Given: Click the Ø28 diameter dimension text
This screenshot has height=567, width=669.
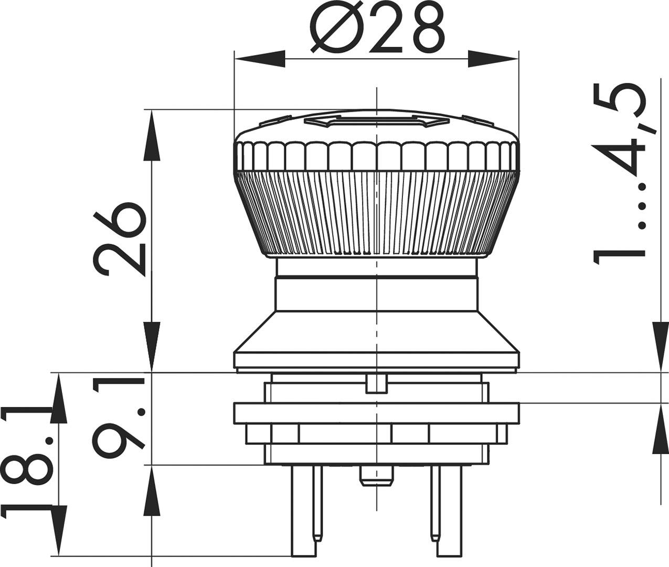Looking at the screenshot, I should click(377, 29).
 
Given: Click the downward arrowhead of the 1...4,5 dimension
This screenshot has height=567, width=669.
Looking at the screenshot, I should click(660, 346).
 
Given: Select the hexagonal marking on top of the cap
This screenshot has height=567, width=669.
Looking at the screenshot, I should click(376, 122).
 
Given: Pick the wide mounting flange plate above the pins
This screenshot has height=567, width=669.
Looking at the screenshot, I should click(376, 413).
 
